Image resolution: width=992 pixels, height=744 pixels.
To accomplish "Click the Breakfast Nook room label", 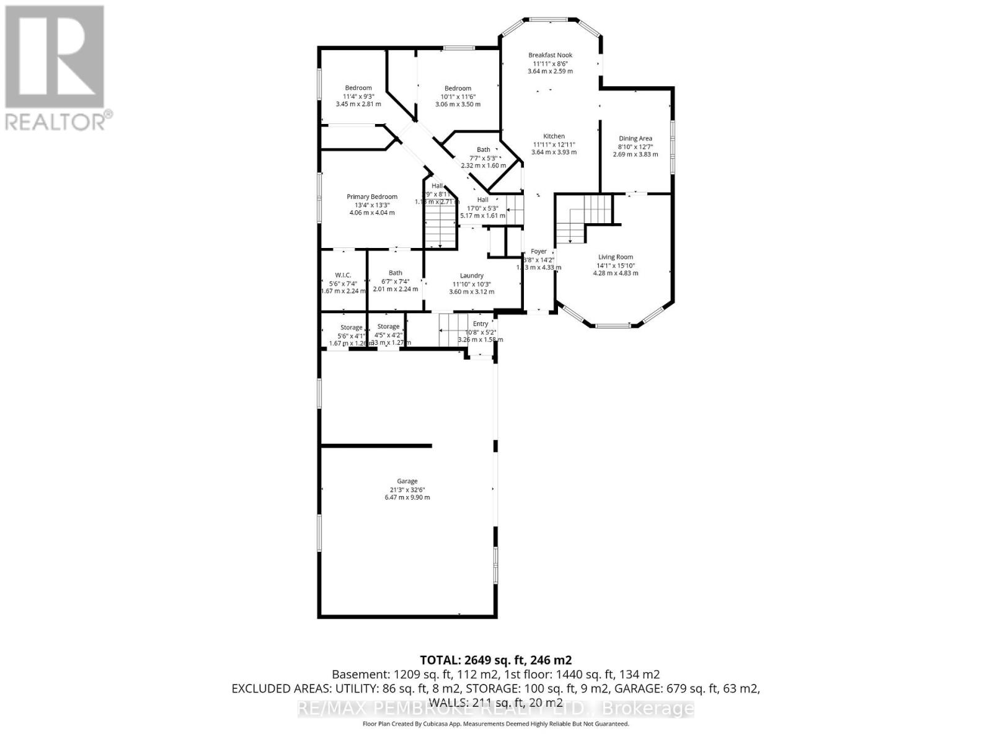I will [550, 55].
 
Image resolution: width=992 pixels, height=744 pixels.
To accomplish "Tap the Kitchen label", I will [554, 136].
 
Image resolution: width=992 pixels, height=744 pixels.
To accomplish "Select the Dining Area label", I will [635, 139].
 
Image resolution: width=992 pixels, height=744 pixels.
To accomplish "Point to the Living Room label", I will [615, 257].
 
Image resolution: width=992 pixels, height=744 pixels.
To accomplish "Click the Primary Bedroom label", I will [372, 197].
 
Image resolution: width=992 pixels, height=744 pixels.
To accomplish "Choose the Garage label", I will [407, 481].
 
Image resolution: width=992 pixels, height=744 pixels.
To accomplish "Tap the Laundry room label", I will [472, 276].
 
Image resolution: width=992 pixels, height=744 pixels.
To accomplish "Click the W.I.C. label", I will [343, 275].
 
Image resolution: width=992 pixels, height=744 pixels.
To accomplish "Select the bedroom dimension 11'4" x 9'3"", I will [358, 96].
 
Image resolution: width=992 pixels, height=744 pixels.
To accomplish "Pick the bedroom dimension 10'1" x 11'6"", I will [458, 96].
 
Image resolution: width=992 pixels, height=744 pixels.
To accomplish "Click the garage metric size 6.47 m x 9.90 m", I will [407, 497].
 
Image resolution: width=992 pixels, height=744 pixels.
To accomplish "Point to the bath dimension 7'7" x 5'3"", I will [484, 157].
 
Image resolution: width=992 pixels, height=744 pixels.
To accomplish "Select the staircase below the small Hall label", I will [441, 223].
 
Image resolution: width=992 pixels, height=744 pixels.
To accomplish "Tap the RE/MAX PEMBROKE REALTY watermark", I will [496, 709].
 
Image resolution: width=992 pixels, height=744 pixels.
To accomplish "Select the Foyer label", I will [539, 252].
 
